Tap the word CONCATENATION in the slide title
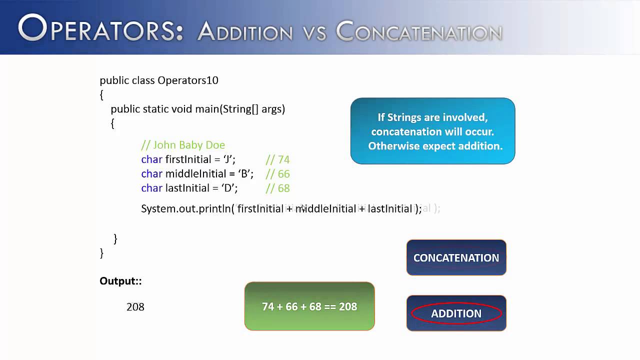419,32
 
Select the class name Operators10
188,80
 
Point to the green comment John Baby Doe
183,145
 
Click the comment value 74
283,159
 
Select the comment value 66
283,174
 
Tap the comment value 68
283,188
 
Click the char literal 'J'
228,159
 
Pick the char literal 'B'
246,174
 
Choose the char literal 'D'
230,188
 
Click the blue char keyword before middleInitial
151,174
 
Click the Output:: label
120,281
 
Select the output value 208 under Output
135,307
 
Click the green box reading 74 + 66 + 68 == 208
309,306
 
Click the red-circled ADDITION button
456,313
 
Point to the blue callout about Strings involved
432,131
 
